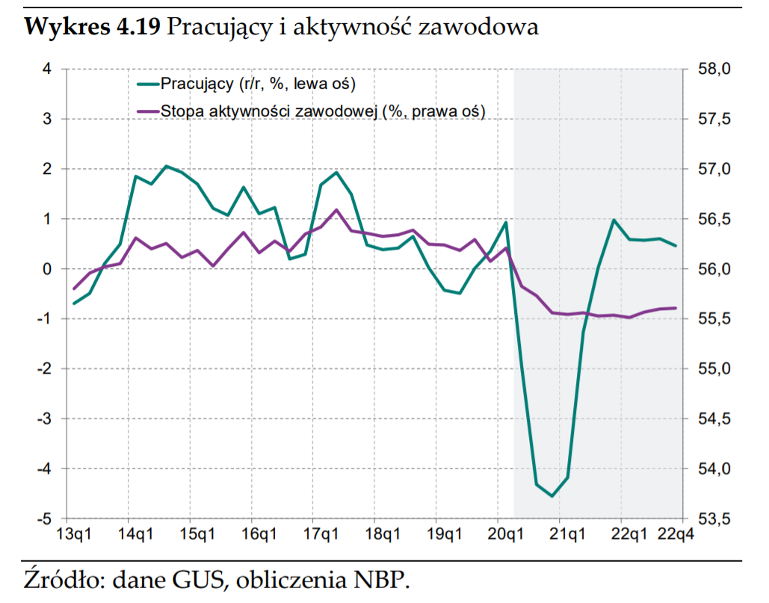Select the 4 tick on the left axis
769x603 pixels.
[47, 69]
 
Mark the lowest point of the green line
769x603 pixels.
[552, 496]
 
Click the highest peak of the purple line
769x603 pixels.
[336, 210]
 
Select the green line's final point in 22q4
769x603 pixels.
[676, 246]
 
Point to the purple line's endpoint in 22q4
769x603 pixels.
[676, 308]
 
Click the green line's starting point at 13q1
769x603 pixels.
[73, 303]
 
